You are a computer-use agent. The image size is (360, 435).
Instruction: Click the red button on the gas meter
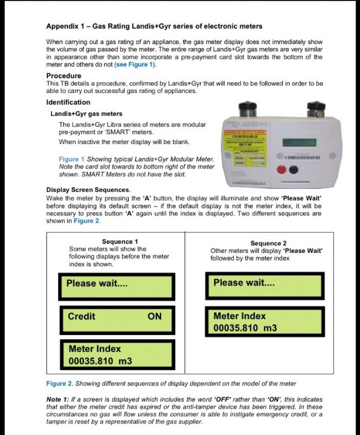pyautogui.click(x=281, y=169)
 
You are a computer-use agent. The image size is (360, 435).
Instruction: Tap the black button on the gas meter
pyautogui.click(x=294, y=169)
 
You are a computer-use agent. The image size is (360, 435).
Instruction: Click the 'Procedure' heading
pyautogui.click(x=64, y=76)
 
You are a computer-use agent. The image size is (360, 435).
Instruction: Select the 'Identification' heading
pyautogui.click(x=69, y=102)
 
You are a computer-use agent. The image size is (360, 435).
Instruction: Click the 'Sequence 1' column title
pyautogui.click(x=120, y=241)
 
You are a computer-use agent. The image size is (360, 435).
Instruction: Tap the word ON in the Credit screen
pyautogui.click(x=154, y=316)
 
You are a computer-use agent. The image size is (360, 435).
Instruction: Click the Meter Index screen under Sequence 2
pyautogui.click(x=265, y=322)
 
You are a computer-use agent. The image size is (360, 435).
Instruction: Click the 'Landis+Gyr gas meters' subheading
pyautogui.click(x=86, y=114)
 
